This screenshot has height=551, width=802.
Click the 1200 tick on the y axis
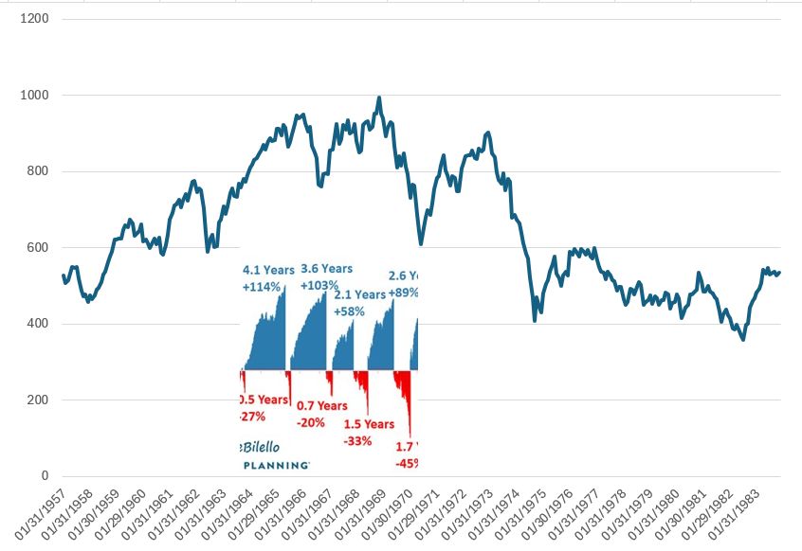point(36,19)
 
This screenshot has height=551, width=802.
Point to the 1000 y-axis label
point(36,96)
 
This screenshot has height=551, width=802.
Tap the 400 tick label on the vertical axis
point(39,324)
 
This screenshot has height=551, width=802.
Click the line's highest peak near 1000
point(379,97)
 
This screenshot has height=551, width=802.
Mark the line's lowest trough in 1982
point(742,339)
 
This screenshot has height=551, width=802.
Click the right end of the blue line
point(779,273)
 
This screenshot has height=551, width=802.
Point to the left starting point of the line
point(63,275)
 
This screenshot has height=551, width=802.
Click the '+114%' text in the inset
point(264,287)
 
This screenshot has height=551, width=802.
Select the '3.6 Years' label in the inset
point(325,269)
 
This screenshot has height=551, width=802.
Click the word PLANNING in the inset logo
point(276,465)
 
